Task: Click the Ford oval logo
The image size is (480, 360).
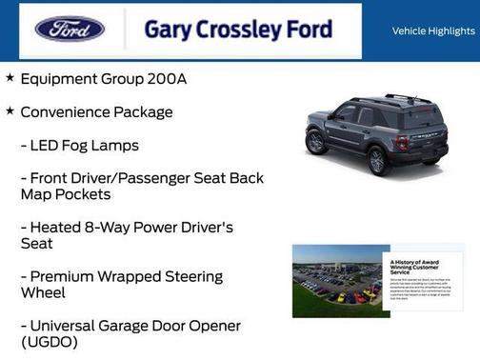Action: [70, 30]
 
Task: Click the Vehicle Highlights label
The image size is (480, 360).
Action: [433, 31]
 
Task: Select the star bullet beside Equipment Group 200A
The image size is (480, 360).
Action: [10, 78]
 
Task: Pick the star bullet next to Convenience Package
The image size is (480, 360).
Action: [10, 111]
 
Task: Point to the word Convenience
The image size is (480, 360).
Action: [65, 112]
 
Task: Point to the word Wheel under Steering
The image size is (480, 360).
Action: [43, 293]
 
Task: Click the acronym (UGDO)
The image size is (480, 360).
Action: [49, 342]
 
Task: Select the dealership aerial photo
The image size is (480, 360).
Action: [335, 278]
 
